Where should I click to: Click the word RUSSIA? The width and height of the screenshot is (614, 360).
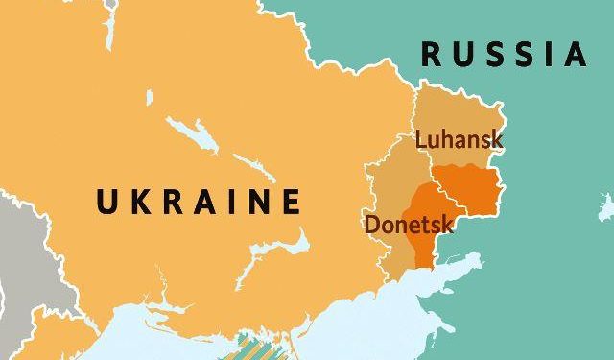[504, 54]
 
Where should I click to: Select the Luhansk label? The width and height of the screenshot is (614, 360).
[459, 139]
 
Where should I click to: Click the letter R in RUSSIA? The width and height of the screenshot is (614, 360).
[432, 54]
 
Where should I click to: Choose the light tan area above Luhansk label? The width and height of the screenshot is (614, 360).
[446, 106]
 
